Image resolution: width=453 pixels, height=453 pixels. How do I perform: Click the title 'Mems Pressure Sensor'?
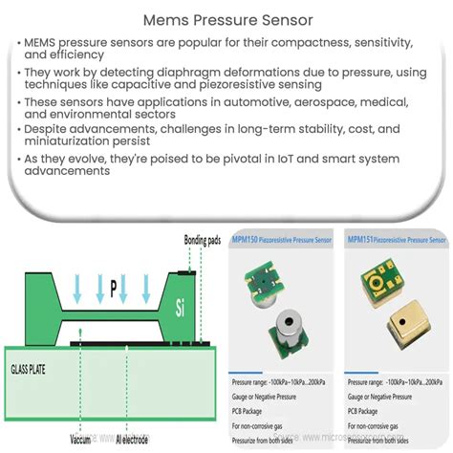click(226, 18)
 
